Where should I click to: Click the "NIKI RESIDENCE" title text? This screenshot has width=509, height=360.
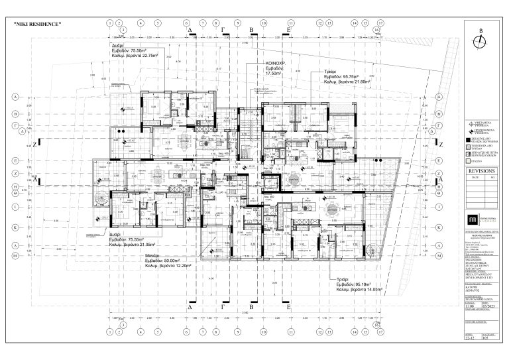point(37,25)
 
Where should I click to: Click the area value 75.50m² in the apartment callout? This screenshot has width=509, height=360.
point(137,50)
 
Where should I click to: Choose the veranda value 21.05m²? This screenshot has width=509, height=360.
point(150,245)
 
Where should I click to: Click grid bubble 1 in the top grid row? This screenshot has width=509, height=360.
point(109,23)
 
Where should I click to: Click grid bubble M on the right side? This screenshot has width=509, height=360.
point(439,255)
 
